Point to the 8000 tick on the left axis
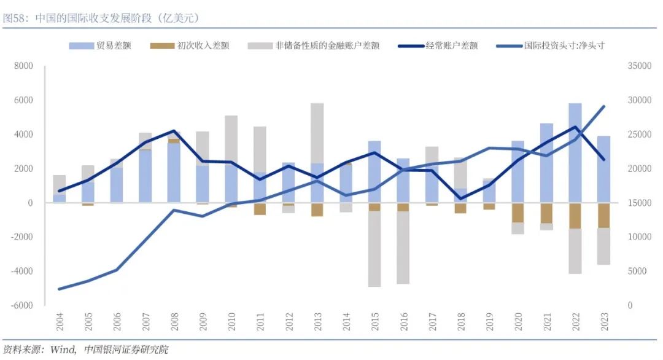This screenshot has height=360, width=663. tap(24, 66)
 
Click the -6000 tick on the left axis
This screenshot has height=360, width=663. tap(22, 305)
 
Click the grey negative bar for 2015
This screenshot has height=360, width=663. tap(374, 249)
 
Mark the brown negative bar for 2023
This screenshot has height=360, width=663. tap(603, 215)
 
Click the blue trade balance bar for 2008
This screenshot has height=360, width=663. tap(174, 173)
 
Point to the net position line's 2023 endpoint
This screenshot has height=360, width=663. tap(603, 106)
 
